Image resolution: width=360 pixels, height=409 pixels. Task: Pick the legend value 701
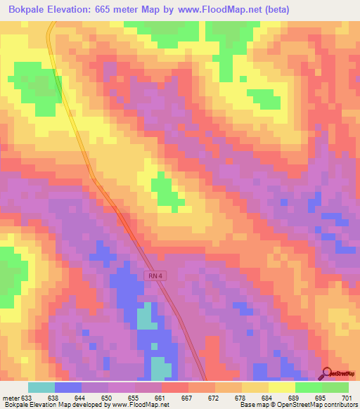(347, 397)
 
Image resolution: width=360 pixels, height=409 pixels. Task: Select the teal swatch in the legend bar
(41, 387)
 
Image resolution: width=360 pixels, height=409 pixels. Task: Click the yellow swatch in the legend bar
(281, 387)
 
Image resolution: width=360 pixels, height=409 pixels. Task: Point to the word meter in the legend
(11, 397)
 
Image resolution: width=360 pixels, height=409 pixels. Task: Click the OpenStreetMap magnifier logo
(326, 373)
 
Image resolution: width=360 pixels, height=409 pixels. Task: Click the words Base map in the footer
(252, 405)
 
